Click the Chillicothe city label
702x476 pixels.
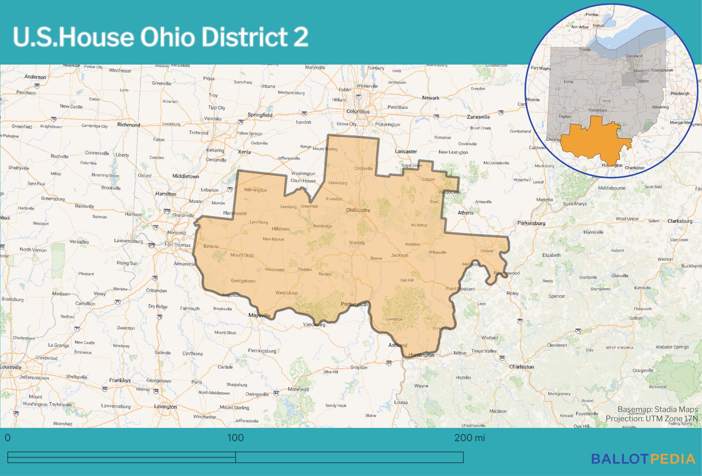tap(358, 210)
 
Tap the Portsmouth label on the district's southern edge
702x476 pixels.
tap(354, 304)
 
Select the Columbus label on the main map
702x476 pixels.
tap(358, 111)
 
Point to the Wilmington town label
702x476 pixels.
tap(255, 190)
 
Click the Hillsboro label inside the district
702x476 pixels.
tap(281, 229)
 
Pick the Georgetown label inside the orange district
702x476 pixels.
tap(243, 281)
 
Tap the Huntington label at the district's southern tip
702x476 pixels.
tap(421, 355)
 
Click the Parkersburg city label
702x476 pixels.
tap(531, 223)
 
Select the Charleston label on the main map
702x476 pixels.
tap(521, 367)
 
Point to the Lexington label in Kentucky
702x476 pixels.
tap(165, 407)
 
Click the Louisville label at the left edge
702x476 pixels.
tap(11, 367)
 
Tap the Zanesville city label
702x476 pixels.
tap(478, 117)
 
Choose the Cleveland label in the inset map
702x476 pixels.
tap(634, 56)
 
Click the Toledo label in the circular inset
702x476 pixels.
tap(585, 49)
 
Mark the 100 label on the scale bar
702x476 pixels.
tap(235, 438)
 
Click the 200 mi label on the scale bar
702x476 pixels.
tap(469, 438)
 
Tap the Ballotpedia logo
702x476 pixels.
tap(643, 459)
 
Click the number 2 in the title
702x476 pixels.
tap(301, 37)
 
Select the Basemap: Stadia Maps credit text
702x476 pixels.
tap(657, 409)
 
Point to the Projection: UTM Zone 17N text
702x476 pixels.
tap(651, 418)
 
